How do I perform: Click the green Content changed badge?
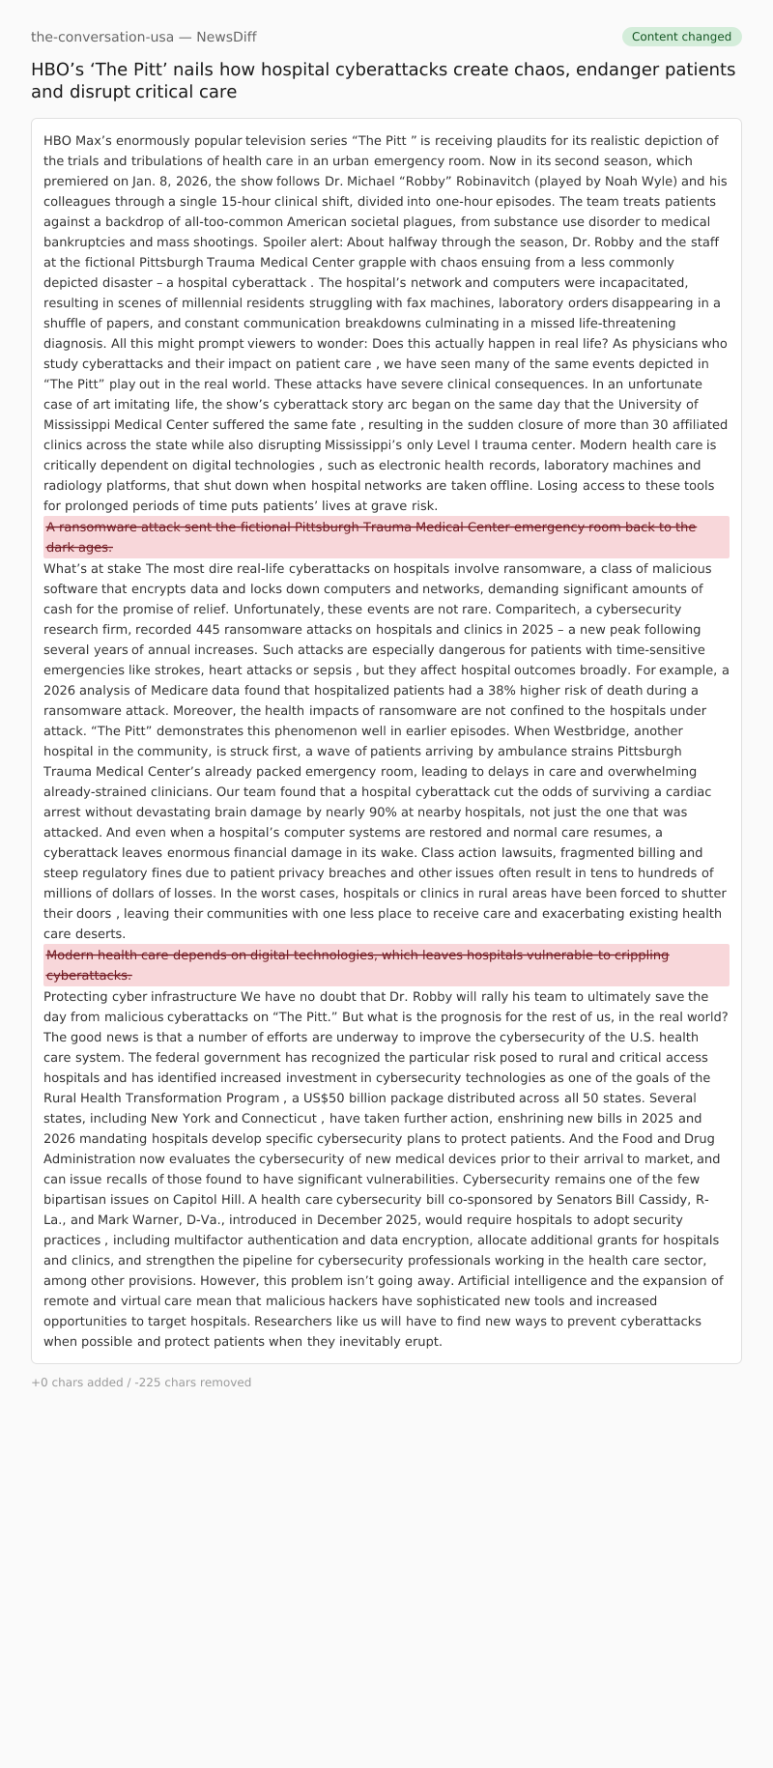[681, 37]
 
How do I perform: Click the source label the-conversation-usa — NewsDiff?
[144, 37]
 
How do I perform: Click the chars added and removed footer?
[141, 1383]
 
